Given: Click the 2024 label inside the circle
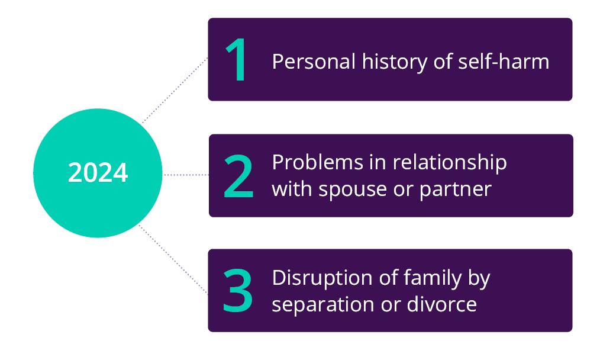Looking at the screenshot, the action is point(98,173).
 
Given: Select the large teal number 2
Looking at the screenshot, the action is point(238,176).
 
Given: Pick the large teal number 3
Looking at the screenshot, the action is point(238,291).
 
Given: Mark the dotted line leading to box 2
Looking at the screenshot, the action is point(186,175).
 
